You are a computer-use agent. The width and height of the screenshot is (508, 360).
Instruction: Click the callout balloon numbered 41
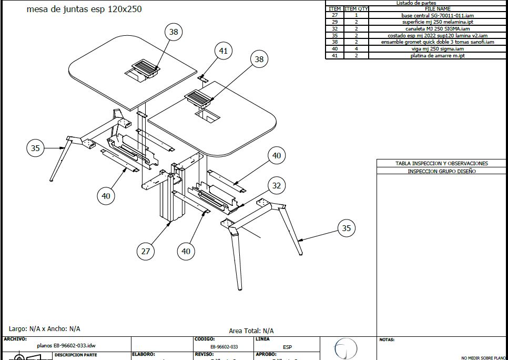(223, 51)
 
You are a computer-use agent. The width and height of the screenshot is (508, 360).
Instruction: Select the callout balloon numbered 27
(146, 251)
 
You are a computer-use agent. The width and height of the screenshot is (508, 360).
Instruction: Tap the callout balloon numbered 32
(277, 185)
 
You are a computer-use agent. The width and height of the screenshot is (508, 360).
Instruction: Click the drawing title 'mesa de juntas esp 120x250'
(84, 9)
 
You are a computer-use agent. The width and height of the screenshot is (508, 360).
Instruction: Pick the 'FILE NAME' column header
(437, 9)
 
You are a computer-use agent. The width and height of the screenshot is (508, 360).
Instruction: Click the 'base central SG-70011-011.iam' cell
(437, 15)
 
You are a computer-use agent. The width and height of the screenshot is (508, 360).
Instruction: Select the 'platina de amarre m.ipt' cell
(437, 55)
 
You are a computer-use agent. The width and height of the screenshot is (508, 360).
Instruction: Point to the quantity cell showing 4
(356, 48)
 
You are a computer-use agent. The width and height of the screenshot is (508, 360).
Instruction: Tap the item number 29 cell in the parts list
(334, 22)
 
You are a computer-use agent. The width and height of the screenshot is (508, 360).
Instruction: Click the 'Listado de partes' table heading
(416, 3)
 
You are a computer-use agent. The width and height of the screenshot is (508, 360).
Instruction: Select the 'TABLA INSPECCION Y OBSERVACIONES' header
(442, 164)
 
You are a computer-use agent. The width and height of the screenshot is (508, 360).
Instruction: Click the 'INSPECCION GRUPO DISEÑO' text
(442, 171)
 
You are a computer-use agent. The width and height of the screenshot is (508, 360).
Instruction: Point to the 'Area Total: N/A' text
(251, 331)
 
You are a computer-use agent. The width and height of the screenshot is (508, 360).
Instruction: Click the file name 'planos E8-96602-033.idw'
(66, 346)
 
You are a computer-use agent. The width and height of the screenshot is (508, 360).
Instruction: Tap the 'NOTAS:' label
(387, 340)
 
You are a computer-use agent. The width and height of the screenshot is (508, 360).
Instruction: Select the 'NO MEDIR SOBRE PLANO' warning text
(484, 358)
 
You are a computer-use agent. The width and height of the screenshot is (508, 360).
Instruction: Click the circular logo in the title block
(346, 349)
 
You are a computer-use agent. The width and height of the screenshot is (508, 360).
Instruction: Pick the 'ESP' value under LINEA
(287, 347)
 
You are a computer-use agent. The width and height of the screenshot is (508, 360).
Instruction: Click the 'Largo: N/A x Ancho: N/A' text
(45, 328)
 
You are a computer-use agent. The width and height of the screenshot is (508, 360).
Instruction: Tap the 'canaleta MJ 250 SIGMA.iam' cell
(437, 28)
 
